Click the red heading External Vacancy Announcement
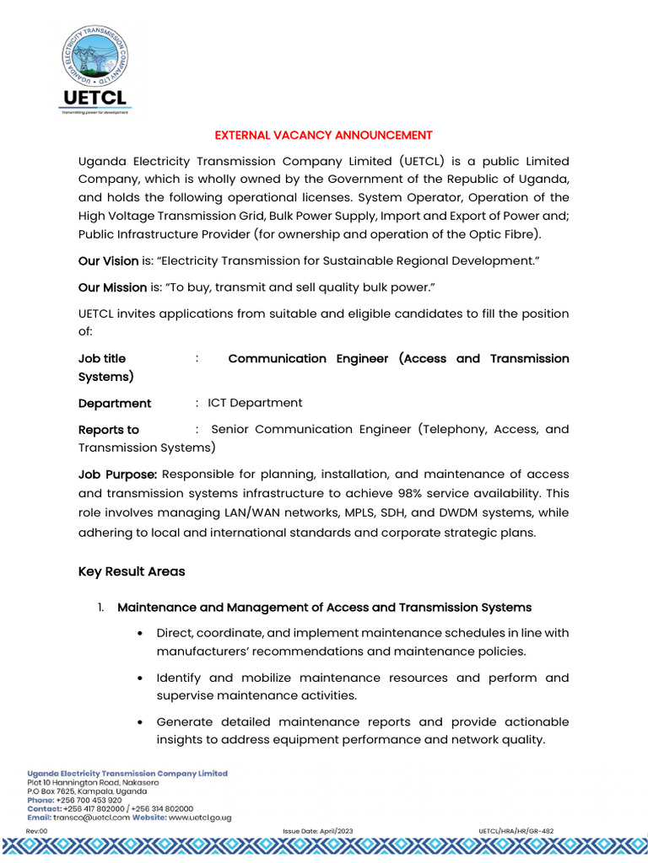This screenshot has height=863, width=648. (323, 135)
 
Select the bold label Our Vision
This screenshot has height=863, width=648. (108, 261)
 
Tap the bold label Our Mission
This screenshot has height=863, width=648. (112, 287)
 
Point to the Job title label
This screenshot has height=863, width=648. (102, 358)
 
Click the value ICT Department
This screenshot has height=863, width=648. (255, 403)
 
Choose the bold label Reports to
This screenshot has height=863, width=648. (109, 429)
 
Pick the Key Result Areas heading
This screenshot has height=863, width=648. (132, 571)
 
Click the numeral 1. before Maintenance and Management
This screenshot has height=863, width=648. (100, 607)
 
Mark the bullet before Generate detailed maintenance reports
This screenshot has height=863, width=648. (138, 722)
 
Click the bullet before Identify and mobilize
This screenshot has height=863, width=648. (138, 678)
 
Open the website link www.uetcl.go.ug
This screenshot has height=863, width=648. (200, 817)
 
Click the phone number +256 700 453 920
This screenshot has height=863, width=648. (89, 800)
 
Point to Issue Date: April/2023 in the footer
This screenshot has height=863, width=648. (318, 831)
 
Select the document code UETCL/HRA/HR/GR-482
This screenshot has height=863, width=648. (516, 831)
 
